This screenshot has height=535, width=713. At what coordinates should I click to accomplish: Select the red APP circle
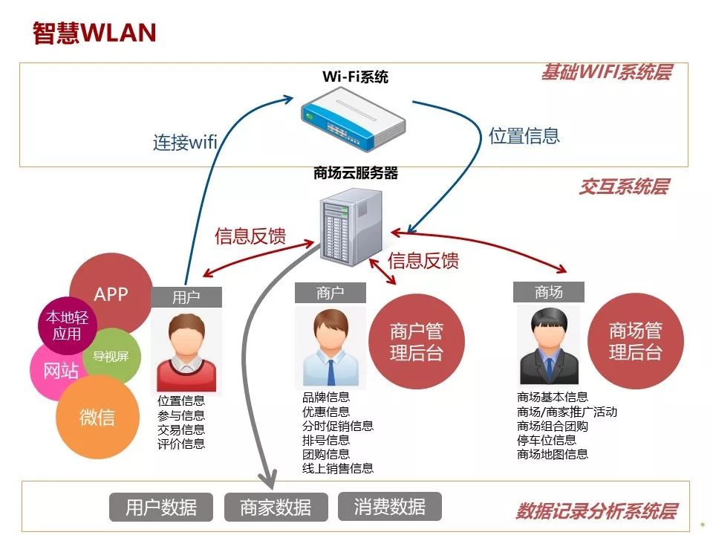click(x=111, y=294)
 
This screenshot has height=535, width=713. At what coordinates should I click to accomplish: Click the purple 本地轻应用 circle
click(x=67, y=325)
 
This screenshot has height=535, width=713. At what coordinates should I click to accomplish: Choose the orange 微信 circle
click(x=97, y=418)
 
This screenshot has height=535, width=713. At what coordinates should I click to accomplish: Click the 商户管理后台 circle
click(x=416, y=342)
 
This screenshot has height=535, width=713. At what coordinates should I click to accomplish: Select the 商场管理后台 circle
click(x=635, y=341)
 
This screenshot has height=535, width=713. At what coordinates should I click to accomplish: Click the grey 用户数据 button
click(x=161, y=508)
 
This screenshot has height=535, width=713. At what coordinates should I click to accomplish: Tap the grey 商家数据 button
click(x=276, y=508)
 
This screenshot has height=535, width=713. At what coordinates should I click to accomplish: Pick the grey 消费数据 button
click(x=390, y=507)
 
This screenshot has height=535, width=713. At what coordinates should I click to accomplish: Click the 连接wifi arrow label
click(x=185, y=142)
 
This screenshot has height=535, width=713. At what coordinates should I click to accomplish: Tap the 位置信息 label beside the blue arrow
click(x=524, y=136)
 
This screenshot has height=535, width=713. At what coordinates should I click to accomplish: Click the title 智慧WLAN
click(x=94, y=33)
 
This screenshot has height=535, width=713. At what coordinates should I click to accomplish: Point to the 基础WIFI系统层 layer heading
click(x=605, y=73)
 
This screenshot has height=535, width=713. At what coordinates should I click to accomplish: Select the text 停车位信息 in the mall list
click(x=547, y=440)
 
